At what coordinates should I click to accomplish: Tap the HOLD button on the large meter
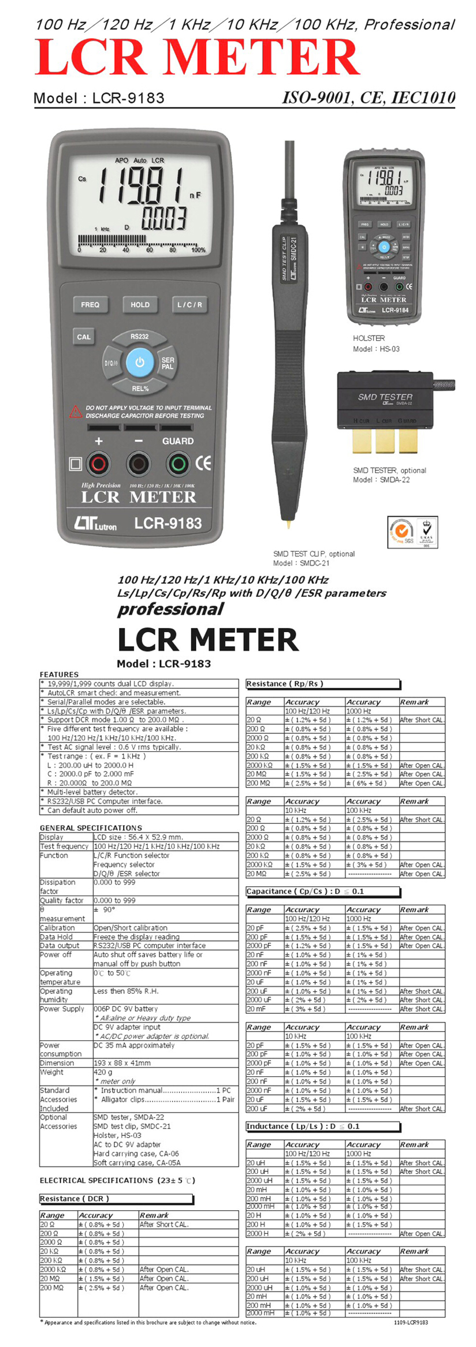pos(140,304)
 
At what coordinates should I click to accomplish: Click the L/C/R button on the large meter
pos(189,304)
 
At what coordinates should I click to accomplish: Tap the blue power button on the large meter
pos(140,363)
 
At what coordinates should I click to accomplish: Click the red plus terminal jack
pos(99,464)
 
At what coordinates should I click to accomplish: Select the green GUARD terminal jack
pos(178,464)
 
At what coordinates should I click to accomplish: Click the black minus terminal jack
pos(139,464)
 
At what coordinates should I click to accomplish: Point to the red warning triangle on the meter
pos(76,412)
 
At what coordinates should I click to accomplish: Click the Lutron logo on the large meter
pos(95,523)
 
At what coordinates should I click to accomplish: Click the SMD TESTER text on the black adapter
pos(385,397)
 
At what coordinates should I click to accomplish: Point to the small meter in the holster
pos(384,237)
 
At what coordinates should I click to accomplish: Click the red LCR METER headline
pos(197,58)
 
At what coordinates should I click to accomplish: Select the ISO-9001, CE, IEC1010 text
pos(369,98)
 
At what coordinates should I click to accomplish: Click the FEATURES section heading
pos(59,674)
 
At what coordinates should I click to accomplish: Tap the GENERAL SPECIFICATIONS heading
pos(91,827)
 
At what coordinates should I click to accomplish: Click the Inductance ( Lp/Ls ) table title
pos(303,1126)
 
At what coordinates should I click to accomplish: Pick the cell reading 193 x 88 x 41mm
pos(122,1062)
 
